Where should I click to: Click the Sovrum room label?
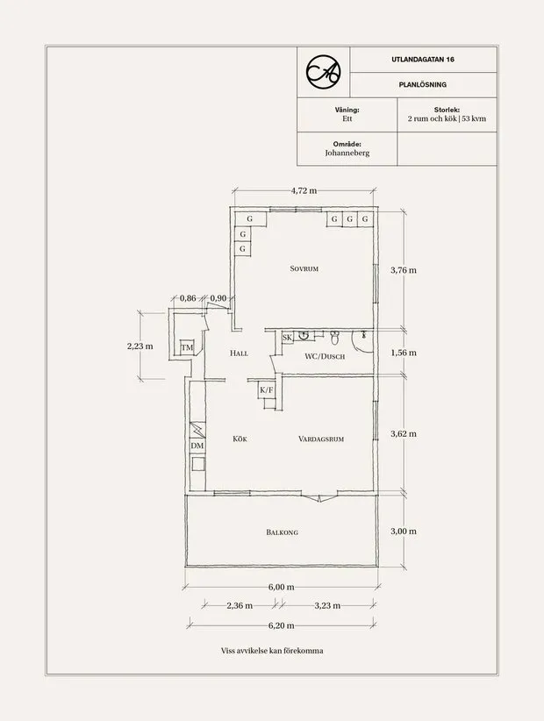point(304,269)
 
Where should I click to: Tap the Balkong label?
point(283,532)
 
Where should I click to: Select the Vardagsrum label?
point(319,439)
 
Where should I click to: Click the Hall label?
point(239,353)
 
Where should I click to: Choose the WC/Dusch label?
point(325,357)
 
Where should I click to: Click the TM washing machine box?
point(186,348)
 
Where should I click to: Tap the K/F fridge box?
point(267,390)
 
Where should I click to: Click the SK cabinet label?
point(287,337)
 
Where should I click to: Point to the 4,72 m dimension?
point(304,190)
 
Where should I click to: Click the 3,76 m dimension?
point(403,270)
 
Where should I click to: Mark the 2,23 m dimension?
point(140,346)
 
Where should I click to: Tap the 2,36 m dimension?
point(239,605)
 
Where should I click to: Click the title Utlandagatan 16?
point(423,59)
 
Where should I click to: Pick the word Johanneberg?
point(347,153)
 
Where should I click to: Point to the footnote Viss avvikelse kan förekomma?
point(272,652)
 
